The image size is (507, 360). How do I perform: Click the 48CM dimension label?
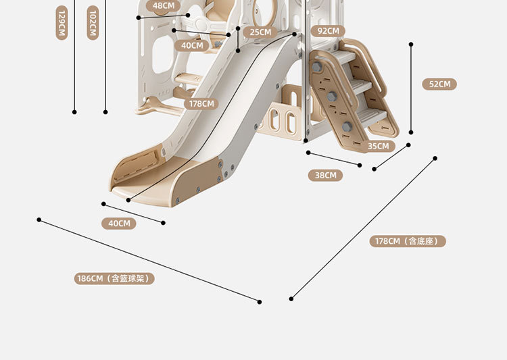[x=163, y=6]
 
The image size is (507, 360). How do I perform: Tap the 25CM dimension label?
[x=260, y=32]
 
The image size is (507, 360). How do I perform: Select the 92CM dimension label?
[x=328, y=30]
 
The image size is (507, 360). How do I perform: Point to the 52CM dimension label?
[x=439, y=84]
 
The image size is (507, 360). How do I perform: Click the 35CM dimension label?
[x=378, y=146]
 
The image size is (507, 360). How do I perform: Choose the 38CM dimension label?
[x=325, y=175]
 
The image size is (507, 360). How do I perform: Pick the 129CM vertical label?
[x=62, y=24]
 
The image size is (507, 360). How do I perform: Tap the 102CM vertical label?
[x=93, y=24]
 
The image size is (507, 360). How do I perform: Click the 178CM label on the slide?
[x=201, y=104]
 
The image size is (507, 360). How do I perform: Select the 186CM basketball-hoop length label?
[x=114, y=278]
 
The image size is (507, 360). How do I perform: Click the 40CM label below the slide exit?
[x=119, y=224]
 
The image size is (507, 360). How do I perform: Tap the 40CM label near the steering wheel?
[x=192, y=46]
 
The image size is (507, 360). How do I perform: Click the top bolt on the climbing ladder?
[x=316, y=68]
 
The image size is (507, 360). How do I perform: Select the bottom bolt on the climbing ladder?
[x=347, y=126]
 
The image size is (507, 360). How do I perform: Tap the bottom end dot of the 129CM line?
[x=74, y=112]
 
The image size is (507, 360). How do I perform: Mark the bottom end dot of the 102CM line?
[x=105, y=112]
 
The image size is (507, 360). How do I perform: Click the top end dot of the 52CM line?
[x=411, y=45]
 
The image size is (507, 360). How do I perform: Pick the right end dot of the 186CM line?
[x=260, y=301]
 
